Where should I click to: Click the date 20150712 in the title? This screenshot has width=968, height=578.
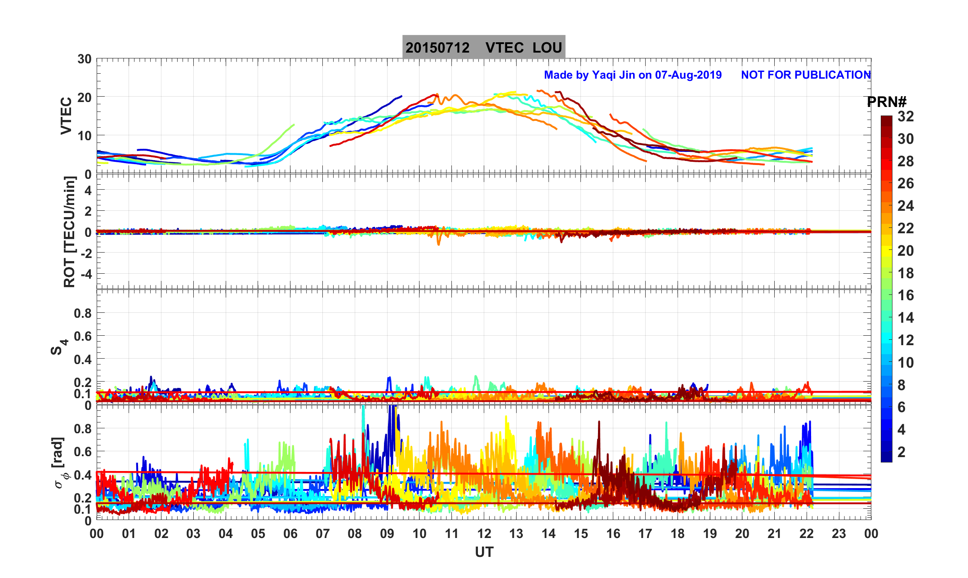tap(437, 48)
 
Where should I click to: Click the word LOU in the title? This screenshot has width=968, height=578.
tap(547, 48)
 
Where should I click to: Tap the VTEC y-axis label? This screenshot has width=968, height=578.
tap(66, 116)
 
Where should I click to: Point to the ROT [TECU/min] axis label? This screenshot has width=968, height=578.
tap(69, 232)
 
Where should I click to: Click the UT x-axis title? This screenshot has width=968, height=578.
tap(484, 552)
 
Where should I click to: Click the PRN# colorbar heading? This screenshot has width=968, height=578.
tap(887, 102)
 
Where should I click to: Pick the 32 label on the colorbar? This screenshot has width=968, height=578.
tap(906, 117)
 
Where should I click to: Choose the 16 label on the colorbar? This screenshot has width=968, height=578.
tap(906, 295)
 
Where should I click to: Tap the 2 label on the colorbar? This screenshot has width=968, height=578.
tap(901, 452)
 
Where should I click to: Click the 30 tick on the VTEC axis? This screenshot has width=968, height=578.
tap(84, 59)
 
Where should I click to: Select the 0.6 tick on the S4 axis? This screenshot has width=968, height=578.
tap(82, 336)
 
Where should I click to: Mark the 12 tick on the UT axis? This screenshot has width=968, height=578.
tap(484, 534)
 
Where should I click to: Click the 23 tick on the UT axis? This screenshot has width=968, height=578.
tap(839, 534)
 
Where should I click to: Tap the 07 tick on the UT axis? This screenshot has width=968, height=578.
tap(322, 534)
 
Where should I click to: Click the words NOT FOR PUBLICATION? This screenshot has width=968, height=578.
tap(806, 75)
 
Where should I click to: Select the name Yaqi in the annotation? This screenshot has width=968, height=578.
tap(605, 75)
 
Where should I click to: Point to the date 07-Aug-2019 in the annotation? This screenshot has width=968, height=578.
tap(688, 75)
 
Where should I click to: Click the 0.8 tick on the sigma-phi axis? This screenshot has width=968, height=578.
tap(82, 429)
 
